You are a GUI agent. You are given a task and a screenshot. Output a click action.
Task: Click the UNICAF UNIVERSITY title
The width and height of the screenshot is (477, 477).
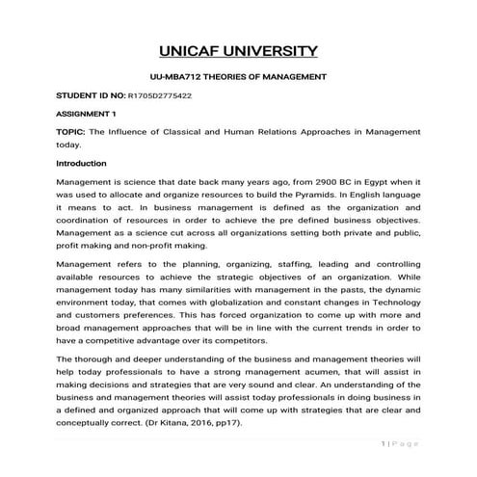pyautogui.click(x=237, y=50)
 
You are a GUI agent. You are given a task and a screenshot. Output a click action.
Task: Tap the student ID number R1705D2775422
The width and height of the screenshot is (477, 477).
pyautogui.click(x=160, y=96)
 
